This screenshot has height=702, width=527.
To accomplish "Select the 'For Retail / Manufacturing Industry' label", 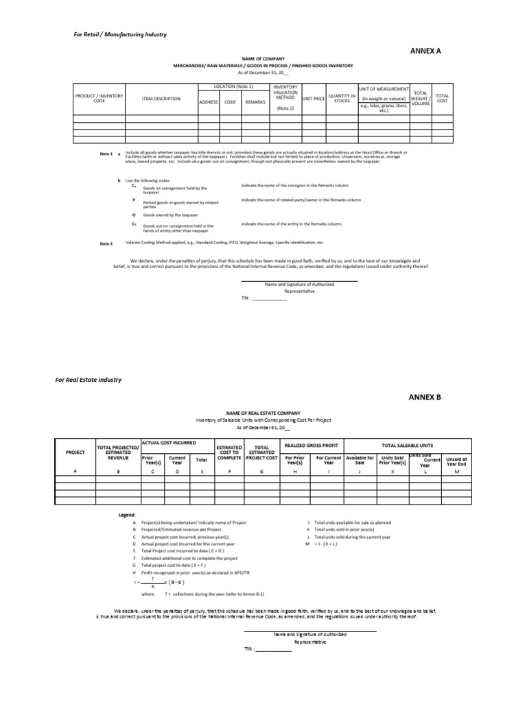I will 120,34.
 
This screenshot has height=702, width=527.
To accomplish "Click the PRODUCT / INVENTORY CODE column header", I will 99,99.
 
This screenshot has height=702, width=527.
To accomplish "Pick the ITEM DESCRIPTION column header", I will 161,99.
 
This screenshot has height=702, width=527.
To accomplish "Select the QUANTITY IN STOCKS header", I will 341,99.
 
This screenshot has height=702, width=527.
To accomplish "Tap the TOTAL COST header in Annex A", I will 443,99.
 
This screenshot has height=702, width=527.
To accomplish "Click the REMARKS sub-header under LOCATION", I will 255,101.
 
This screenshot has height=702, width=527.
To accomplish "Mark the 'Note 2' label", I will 106,243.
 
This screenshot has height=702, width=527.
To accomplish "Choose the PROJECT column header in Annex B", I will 75,452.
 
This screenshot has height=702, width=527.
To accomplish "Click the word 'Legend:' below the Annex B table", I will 127,513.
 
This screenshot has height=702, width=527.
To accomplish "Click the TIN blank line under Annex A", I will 269,300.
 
